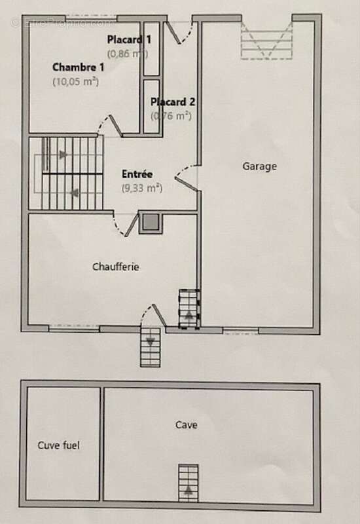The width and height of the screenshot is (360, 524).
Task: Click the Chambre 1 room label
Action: tap(78, 67)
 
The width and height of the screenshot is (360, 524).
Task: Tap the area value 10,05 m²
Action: tap(75, 82)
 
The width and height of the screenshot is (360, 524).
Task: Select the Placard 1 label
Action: tap(129, 39)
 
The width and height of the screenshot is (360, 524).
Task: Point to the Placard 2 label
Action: tap(173, 102)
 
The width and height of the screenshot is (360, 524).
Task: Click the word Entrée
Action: tap(137, 174)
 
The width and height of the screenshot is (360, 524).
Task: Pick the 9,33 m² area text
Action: tap(141, 188)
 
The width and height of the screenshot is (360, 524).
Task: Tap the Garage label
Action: tap(259, 166)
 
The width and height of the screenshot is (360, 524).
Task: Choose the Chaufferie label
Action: tap(116, 267)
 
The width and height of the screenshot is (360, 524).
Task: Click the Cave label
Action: tap(186, 425)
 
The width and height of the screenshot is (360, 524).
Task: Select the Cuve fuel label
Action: tap(58, 445)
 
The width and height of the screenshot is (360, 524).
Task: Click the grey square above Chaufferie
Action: tap(151, 223)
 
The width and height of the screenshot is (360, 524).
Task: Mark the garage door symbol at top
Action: tap(266, 41)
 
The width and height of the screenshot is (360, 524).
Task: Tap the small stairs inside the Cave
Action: tap(189, 483)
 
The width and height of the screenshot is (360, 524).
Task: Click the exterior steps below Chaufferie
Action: tap(150, 346)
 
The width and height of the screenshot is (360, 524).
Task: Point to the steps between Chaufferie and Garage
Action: tap(189, 308)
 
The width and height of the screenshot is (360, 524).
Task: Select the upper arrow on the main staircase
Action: tap(63, 155)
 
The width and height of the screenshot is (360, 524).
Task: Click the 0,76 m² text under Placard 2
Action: tap(171, 116)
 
